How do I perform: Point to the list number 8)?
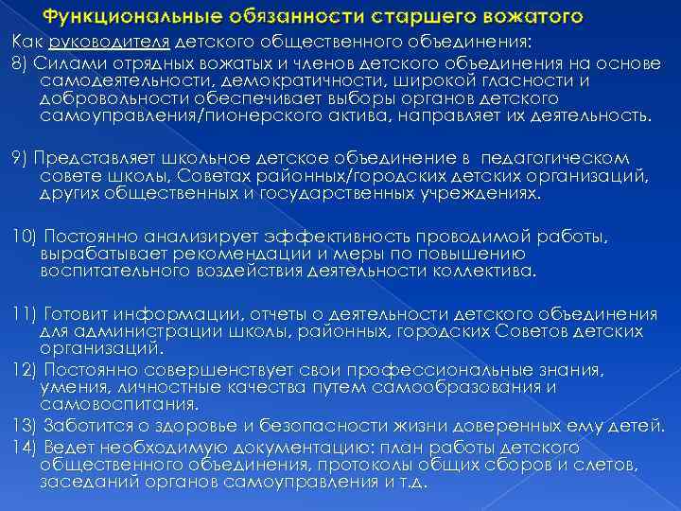click(x=20, y=62)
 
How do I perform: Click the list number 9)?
click(x=20, y=158)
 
